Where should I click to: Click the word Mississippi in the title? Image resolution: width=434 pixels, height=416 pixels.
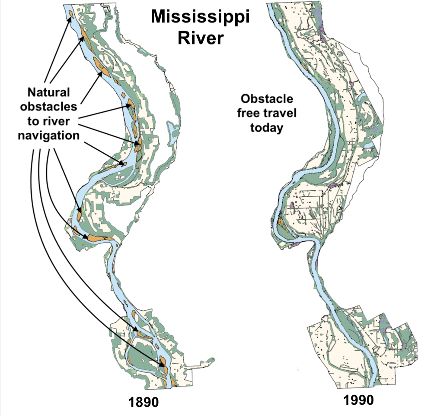click(201, 19)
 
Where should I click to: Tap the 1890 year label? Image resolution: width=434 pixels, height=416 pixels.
click(144, 402)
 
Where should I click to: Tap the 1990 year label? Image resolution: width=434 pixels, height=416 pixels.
click(358, 400)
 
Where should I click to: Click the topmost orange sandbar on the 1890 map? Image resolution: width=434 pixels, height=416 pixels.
click(70, 16)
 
